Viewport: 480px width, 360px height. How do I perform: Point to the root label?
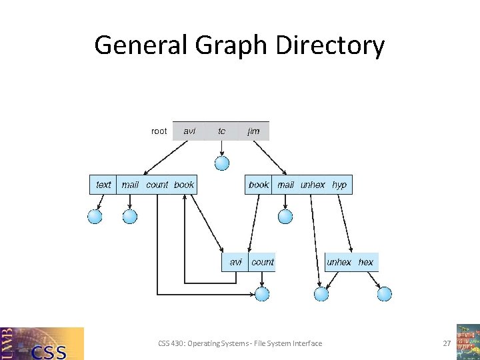159,131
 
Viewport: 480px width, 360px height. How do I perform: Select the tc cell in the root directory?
221,131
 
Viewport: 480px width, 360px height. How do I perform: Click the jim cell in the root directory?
253,131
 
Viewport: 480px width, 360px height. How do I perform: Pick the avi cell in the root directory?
190,131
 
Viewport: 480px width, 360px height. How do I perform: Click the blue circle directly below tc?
222,163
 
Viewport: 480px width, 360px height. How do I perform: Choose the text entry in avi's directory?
103,185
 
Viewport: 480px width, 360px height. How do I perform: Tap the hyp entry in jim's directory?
339,185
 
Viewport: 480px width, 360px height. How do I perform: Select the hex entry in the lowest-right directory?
366,262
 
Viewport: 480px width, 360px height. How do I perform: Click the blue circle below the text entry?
95,216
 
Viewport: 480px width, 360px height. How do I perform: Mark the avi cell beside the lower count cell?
235,262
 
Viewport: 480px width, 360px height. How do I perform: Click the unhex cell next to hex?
339,262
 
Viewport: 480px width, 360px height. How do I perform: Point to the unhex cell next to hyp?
313,185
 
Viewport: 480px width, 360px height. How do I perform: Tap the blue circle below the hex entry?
385,294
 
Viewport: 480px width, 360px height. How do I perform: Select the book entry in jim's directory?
259,185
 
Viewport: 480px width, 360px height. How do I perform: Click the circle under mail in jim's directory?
285,216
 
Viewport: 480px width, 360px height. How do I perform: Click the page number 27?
447,343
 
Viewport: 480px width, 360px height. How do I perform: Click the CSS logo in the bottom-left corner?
43,343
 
